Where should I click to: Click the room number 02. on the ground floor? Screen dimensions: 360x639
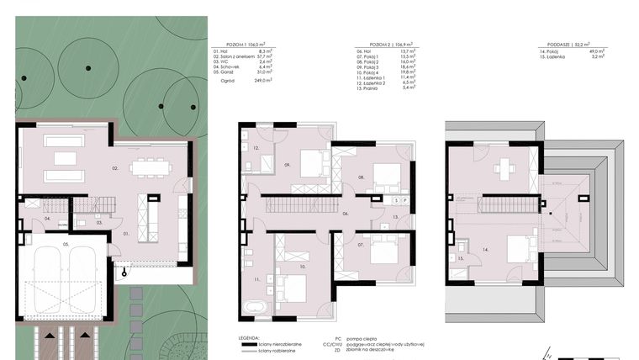[115, 168]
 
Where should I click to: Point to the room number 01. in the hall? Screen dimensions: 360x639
[126, 232]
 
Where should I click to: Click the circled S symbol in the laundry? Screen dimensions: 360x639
[396, 202]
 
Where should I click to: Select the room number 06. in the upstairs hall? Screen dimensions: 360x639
[345, 214]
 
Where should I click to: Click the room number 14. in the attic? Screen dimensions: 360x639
[486, 250]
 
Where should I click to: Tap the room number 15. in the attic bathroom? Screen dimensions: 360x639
[462, 259]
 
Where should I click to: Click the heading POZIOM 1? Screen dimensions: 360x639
[238, 50]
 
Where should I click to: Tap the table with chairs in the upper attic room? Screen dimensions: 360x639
[504, 167]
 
